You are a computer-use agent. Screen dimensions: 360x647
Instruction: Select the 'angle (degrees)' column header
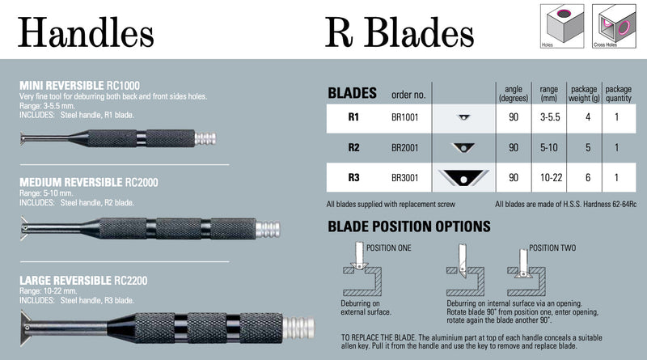click(x=513, y=93)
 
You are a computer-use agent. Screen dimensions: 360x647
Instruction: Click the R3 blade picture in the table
click(x=463, y=177)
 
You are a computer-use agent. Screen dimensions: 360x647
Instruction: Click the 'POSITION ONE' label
click(x=390, y=246)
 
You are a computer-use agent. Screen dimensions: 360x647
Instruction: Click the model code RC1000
click(x=124, y=84)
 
